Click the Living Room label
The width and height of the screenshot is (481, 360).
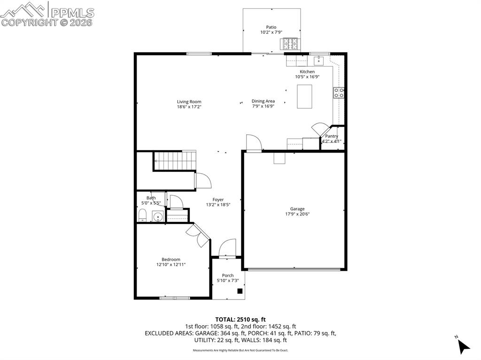189,101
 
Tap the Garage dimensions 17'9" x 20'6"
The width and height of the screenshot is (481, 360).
297,214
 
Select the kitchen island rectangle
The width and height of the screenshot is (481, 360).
304,96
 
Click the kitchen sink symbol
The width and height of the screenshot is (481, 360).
319,60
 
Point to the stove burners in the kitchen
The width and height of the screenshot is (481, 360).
339,92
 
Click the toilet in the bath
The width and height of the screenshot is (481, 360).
143,216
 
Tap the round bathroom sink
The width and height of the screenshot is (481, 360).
158,217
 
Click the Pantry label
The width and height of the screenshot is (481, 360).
332,136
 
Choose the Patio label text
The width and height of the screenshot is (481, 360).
272,27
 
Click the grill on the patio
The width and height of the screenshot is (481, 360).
290,44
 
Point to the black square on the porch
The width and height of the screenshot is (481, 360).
240,291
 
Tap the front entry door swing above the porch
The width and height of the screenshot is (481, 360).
227,248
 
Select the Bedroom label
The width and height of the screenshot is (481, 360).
171,260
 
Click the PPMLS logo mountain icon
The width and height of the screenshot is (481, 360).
24,9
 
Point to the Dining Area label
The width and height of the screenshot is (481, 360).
263,101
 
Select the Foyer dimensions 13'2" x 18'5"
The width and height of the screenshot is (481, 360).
218,205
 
